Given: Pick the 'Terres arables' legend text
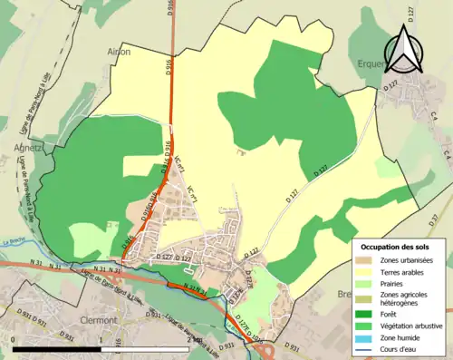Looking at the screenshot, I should coord(406,271).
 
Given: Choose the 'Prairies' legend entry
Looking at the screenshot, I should coord(399,283).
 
